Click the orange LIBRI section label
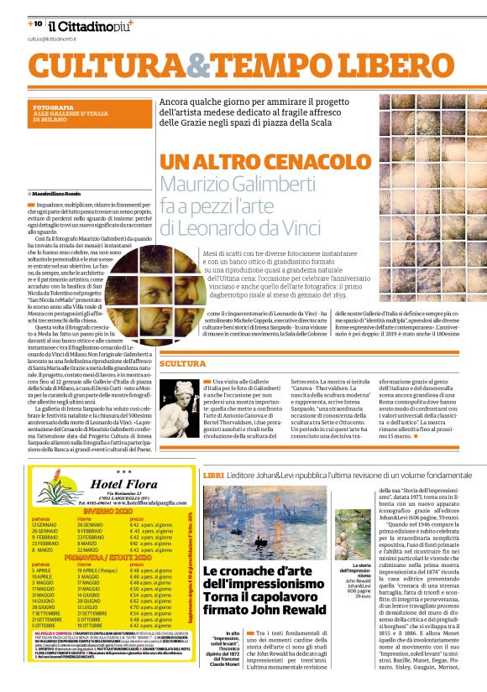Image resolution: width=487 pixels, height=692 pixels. click(212, 475)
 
